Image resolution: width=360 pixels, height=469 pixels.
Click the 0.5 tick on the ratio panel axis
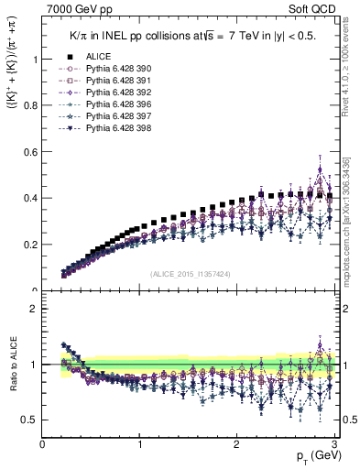pos(33,420)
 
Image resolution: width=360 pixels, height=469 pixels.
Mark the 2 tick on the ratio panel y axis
pos(37,309)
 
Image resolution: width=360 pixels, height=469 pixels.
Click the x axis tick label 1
pos(140,444)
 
